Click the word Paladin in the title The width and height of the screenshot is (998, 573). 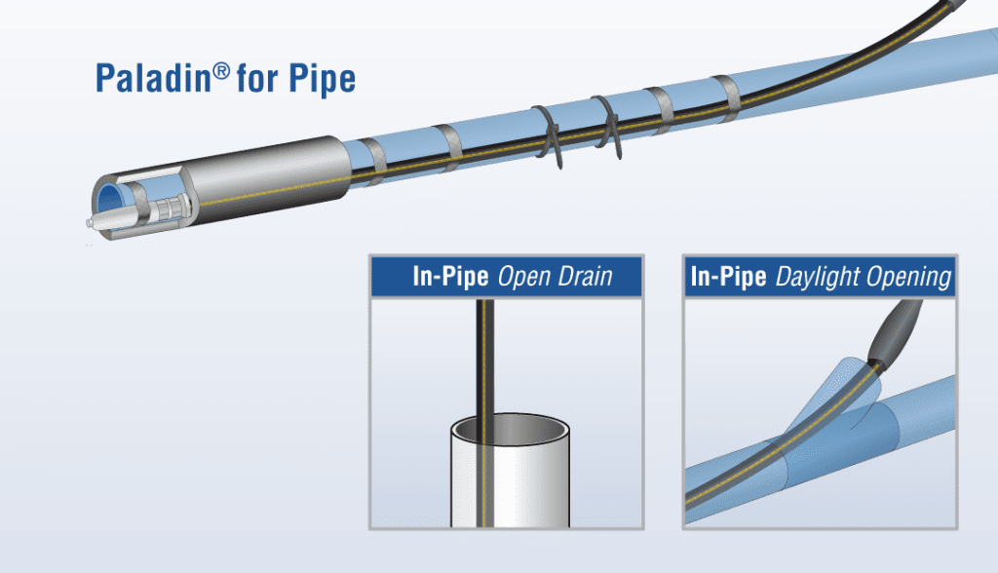[153, 78]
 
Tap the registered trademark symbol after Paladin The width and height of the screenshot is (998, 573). [221, 70]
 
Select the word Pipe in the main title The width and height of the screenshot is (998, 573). [322, 80]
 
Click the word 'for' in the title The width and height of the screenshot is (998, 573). [257, 78]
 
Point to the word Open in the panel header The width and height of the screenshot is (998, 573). [523, 277]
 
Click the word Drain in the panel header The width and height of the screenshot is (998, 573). [585, 277]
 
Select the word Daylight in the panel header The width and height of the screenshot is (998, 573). [818, 278]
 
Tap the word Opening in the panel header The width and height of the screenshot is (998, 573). [909, 278]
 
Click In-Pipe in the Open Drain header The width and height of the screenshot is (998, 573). [450, 277]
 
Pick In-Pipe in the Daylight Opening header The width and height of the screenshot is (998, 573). [728, 277]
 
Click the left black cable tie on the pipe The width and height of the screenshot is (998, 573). [548, 135]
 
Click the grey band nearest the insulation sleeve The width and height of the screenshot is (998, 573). [373, 162]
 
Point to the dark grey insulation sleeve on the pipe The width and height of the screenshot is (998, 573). [271, 179]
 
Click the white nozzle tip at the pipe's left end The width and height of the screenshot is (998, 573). [93, 222]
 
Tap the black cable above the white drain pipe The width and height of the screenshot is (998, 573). [484, 357]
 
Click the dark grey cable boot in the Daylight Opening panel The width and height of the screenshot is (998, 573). [896, 332]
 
